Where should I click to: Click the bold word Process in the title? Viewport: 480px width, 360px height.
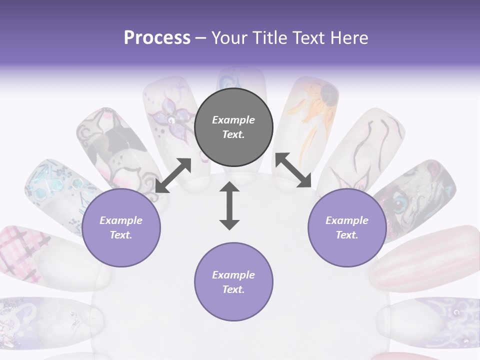(157, 38)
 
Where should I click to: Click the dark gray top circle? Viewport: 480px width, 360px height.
(233, 127)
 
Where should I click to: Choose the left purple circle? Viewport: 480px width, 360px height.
(121, 227)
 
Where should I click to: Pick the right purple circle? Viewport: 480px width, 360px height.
(347, 227)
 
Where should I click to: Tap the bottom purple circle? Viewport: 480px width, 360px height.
(233, 282)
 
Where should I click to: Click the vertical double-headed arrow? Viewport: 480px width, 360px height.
(229, 206)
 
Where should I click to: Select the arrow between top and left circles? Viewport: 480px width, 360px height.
(173, 175)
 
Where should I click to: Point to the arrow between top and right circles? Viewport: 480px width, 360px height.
(293, 170)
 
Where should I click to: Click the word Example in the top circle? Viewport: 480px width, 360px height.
(233, 120)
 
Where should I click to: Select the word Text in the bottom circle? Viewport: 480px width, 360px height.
(233, 289)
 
